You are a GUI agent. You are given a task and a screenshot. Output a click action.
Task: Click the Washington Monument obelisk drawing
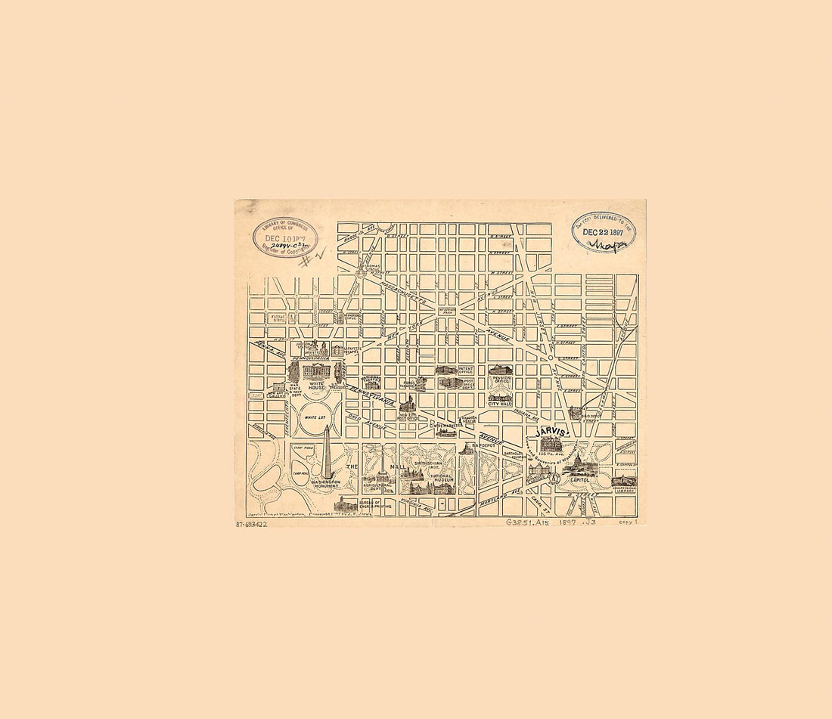(327, 451)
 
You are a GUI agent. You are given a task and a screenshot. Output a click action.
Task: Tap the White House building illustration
(316, 372)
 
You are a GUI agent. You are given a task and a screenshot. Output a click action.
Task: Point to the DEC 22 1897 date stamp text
(604, 232)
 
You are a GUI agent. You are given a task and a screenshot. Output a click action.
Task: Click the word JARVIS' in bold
(551, 432)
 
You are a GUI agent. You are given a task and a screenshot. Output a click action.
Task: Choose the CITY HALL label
(500, 404)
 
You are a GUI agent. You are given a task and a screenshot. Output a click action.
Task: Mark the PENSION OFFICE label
(498, 382)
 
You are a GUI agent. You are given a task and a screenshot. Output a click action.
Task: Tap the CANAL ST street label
(539, 498)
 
